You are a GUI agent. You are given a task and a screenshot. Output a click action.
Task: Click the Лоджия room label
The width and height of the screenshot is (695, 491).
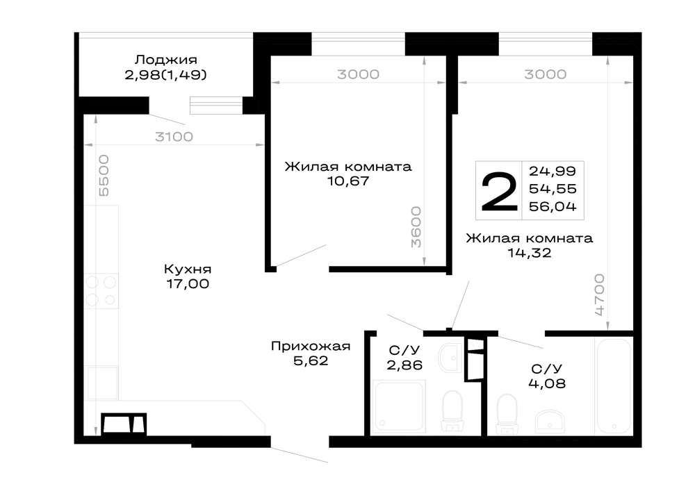coord(166,59)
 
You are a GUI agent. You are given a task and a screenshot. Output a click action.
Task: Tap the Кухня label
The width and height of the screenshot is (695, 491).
coord(188,269)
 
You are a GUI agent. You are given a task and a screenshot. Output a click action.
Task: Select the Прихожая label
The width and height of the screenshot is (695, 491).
coord(311,346)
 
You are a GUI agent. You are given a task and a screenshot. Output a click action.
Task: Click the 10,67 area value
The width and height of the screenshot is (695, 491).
coord(348,181)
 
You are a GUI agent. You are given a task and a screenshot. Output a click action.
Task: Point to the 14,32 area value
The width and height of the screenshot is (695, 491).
coord(529,253)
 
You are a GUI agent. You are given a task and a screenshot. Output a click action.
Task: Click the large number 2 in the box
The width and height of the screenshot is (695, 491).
coord(499,191)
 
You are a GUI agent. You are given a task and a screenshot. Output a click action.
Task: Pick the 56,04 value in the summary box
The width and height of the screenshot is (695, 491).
coord(553,206)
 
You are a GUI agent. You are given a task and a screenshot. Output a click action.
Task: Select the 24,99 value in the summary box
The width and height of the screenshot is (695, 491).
coord(553,171)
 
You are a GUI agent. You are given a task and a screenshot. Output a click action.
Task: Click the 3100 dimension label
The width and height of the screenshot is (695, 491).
coord(174,136)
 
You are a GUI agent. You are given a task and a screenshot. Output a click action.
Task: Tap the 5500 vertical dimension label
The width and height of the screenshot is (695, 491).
coord(104,175)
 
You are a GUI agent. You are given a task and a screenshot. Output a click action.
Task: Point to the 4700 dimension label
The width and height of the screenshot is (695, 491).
coord(599,294)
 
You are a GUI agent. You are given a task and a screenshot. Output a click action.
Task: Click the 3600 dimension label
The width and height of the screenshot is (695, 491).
coord(416,226)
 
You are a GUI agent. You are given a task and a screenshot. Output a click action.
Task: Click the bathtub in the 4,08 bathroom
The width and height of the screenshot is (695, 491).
coord(614,386)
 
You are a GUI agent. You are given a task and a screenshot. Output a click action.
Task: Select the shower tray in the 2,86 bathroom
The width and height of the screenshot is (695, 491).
coord(399,406)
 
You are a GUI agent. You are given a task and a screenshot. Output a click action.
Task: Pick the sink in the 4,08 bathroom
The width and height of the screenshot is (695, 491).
coord(550,422)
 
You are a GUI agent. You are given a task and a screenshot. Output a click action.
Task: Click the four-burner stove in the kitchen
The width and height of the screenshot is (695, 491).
coord(101,291)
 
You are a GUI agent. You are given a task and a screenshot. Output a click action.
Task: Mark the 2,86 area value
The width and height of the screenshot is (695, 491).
coord(404,365)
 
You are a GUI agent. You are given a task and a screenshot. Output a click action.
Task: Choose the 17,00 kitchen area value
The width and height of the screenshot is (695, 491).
coord(188,284)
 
